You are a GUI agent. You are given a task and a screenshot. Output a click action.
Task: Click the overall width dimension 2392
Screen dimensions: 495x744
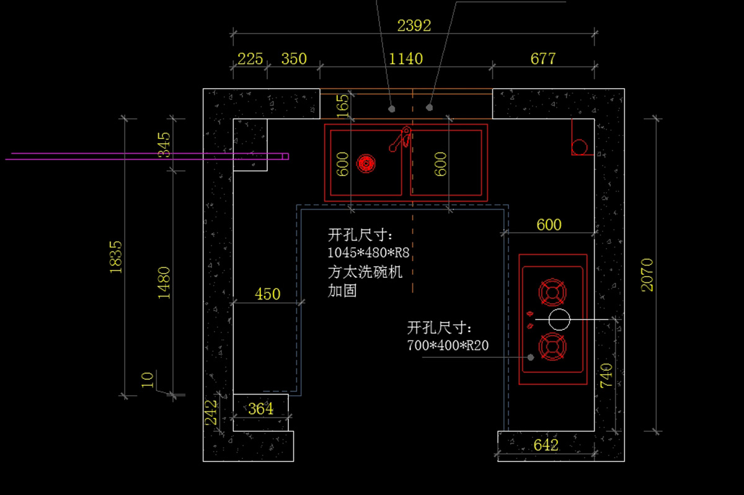[414, 25]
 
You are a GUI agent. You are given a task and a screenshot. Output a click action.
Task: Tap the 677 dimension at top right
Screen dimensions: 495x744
[543, 59]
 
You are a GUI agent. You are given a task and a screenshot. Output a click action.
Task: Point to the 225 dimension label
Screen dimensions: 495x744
[250, 59]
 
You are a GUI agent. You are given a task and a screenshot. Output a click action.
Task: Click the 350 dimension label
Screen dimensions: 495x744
[294, 59]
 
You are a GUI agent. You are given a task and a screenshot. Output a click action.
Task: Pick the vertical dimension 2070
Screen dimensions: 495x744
[647, 275]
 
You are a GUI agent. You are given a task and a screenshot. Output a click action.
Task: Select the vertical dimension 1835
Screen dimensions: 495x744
[116, 257]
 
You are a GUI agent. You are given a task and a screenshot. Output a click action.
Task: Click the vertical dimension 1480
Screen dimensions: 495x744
[164, 283]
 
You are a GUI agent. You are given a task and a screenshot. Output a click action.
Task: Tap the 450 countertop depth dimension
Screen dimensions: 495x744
[268, 294]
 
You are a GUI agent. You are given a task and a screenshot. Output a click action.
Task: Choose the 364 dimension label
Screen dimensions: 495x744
[260, 409]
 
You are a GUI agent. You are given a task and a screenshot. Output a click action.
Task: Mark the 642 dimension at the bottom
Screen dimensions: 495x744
[546, 445]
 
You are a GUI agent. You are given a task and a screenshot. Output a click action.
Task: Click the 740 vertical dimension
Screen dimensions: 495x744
[606, 376]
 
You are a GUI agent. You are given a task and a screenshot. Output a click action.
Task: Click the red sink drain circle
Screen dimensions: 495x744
[366, 164]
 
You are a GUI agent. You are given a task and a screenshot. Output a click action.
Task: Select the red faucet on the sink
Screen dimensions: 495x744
[401, 139]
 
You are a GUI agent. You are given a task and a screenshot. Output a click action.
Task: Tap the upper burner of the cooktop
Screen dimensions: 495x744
[552, 293]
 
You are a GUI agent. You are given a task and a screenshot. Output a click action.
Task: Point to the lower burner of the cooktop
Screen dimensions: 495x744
[552, 347]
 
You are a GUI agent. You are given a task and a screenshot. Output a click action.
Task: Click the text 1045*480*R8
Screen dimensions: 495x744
[369, 253]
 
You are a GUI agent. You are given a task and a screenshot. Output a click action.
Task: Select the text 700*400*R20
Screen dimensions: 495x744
[448, 346]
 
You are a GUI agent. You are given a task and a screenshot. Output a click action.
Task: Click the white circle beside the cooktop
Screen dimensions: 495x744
[559, 319]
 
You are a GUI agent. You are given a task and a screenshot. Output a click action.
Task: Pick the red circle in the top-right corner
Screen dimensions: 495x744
[580, 147]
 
